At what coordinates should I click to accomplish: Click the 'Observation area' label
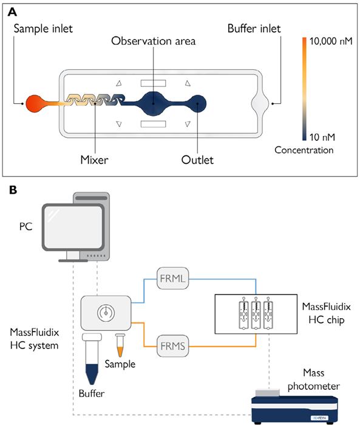[x=153, y=41]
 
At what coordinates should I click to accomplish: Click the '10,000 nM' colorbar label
[x=331, y=42]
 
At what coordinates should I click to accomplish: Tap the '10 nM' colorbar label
[x=321, y=136]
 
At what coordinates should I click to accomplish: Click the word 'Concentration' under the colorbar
[x=303, y=149]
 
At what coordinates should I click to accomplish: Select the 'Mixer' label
[x=95, y=161]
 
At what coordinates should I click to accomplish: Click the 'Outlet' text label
[x=197, y=161]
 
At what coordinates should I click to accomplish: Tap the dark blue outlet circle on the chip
[x=197, y=104]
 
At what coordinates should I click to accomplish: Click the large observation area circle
[x=154, y=104]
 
